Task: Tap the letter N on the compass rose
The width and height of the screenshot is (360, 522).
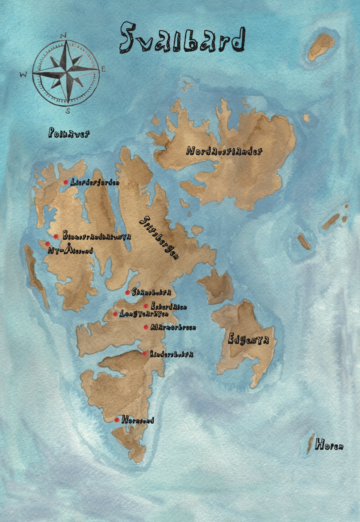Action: (x=63, y=36)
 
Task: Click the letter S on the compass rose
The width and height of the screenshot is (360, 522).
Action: (x=68, y=111)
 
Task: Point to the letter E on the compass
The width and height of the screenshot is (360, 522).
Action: (x=103, y=69)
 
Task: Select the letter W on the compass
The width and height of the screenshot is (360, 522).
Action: (x=24, y=75)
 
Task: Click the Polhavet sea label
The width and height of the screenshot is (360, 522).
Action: (x=69, y=133)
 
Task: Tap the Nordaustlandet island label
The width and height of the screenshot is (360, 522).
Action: (x=224, y=151)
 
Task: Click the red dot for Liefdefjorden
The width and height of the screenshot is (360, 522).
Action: (x=66, y=182)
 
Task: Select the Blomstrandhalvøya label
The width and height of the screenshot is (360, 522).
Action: (x=97, y=236)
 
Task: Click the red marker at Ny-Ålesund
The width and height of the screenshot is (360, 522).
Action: (x=48, y=244)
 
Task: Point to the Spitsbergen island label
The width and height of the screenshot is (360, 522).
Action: (x=159, y=237)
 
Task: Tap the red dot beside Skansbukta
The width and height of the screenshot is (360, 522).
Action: (x=127, y=293)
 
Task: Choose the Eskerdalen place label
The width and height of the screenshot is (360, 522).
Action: (x=169, y=307)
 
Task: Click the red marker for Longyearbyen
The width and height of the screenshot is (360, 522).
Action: (x=115, y=314)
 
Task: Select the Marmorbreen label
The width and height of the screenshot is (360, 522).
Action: (x=173, y=327)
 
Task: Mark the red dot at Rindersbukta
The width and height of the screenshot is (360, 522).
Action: (x=144, y=354)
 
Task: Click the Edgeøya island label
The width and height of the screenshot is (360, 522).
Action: (x=248, y=339)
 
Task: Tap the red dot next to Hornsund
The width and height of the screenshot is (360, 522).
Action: (x=117, y=420)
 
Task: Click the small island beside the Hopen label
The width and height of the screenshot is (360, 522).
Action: (x=309, y=444)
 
